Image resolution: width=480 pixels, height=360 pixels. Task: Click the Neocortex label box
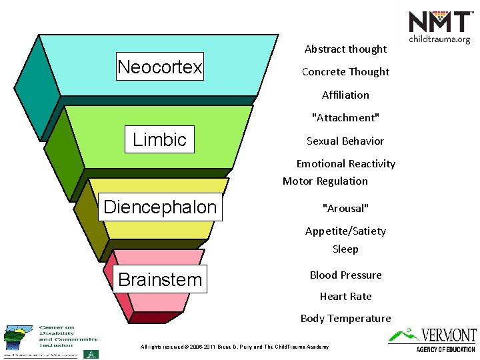coord(160,67)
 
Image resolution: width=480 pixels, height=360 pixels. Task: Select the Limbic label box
coord(160,139)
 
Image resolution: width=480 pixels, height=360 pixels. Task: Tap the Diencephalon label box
coord(160,207)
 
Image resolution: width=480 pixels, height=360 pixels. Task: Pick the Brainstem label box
coord(160,279)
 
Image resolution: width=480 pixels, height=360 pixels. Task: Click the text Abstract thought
coord(345,49)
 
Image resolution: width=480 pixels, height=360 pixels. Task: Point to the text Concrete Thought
coord(345,71)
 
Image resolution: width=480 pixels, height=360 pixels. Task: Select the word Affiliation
coord(345,95)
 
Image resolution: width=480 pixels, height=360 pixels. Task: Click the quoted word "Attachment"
coord(345,118)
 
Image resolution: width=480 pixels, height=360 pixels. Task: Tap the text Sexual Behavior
coord(345,141)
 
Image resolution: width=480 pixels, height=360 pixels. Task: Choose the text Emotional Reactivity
coord(345,163)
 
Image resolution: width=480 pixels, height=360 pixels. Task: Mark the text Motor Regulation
coord(325,181)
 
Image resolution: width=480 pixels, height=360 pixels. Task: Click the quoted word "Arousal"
coord(345,207)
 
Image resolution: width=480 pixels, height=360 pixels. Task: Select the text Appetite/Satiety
coord(345,231)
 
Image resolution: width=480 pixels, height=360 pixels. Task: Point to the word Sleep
coord(345,249)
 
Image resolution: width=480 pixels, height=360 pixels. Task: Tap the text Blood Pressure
coord(345,275)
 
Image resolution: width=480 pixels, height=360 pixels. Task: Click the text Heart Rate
coord(345,296)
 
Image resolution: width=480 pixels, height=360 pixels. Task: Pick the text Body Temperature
coord(345,318)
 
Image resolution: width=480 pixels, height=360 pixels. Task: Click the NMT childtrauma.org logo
coord(439,27)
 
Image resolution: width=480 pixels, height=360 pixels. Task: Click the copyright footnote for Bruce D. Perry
coord(234,347)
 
